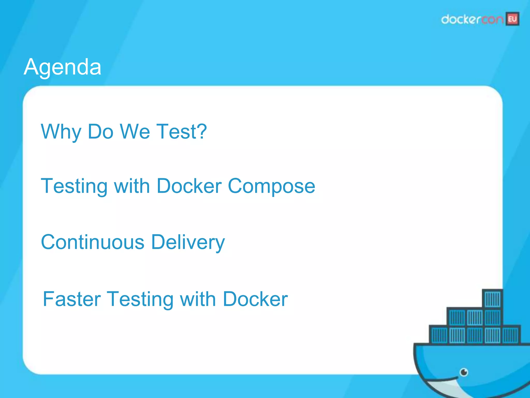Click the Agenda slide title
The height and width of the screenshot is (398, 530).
(x=62, y=67)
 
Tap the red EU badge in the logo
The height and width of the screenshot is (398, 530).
(x=512, y=19)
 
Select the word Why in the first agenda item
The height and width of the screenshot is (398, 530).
(x=61, y=132)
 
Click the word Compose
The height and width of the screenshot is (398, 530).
(x=271, y=186)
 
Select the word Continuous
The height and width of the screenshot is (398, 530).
(x=93, y=242)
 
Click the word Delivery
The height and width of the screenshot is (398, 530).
(x=188, y=242)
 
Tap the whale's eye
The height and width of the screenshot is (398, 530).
(x=464, y=372)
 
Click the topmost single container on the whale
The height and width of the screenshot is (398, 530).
(x=492, y=299)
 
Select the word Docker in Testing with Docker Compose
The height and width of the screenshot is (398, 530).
(x=189, y=186)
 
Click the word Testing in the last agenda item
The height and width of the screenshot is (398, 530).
(x=140, y=299)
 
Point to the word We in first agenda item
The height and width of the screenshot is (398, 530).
(x=135, y=131)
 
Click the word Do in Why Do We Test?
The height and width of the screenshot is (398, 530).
(x=101, y=131)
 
